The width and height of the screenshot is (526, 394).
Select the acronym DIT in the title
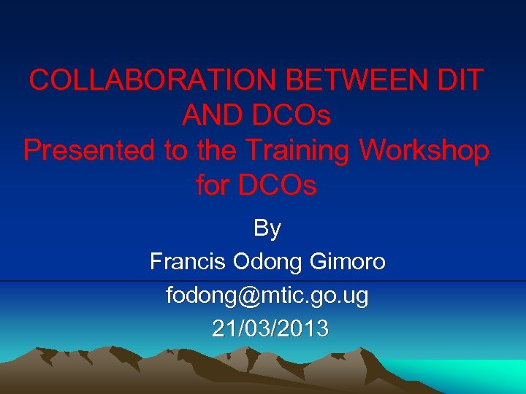coord(460,80)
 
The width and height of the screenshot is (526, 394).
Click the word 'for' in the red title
coord(213,186)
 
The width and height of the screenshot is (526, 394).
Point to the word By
coord(267,228)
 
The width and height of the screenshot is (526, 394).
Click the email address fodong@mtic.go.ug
coord(267,295)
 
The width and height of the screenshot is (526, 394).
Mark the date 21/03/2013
coord(270,329)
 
